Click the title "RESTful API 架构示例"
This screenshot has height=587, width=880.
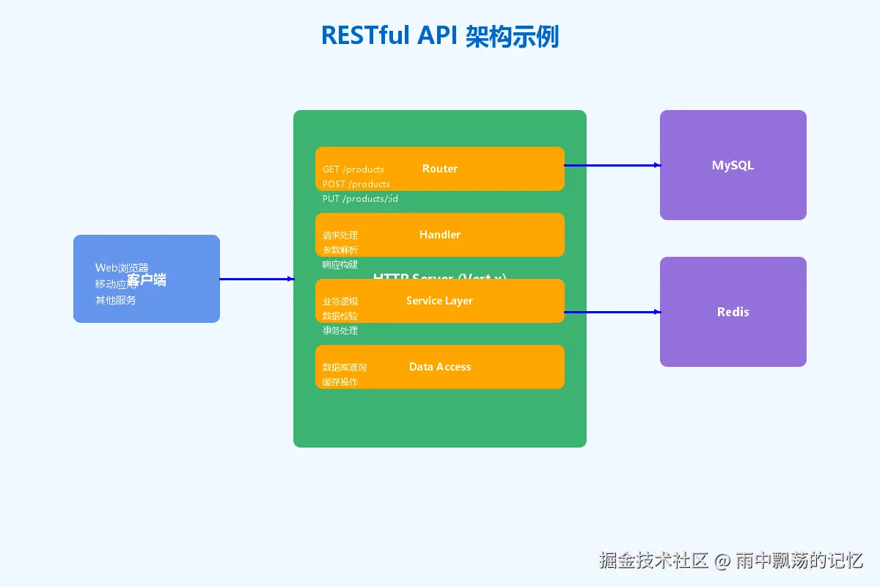click(x=440, y=36)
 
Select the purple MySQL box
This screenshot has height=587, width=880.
click(x=733, y=165)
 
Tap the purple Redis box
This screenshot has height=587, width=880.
click(x=733, y=312)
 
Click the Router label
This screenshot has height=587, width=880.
click(x=440, y=169)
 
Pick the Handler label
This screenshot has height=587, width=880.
click(x=440, y=235)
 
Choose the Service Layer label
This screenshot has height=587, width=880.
click(x=439, y=301)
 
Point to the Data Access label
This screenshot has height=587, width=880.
click(x=440, y=367)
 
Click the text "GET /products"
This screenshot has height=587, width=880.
click(x=353, y=169)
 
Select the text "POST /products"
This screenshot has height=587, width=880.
click(x=356, y=184)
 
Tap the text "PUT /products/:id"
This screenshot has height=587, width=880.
click(x=360, y=199)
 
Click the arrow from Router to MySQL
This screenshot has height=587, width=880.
click(x=612, y=165)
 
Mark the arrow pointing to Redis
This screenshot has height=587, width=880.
click(x=612, y=312)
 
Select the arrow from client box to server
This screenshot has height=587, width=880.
click(x=257, y=279)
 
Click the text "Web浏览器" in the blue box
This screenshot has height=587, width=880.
click(x=122, y=268)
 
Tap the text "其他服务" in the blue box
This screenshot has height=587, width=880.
click(x=116, y=300)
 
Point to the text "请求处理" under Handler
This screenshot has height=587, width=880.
click(x=340, y=236)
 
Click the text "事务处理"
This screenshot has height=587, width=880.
click(x=340, y=331)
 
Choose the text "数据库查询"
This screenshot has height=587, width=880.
click(x=345, y=368)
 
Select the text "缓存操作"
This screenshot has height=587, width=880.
click(x=340, y=382)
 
